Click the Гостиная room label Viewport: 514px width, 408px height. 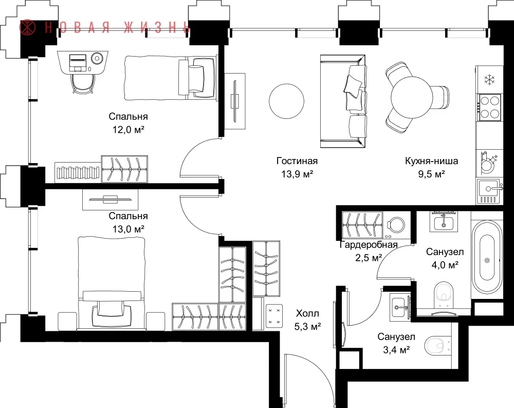point(297,161)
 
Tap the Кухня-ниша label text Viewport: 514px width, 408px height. point(431,161)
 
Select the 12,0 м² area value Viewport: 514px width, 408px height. point(128,130)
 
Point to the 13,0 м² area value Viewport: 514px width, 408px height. point(128,229)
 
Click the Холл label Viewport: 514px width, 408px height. point(307,313)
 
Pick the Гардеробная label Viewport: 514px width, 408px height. point(369,245)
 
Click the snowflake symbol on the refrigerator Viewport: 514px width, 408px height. point(489,79)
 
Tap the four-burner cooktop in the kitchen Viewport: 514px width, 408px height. point(490,108)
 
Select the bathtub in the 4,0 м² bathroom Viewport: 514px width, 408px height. point(487,257)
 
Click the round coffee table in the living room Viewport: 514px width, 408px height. point(286,101)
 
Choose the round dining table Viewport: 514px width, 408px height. point(413,97)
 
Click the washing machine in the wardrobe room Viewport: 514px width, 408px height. point(396,225)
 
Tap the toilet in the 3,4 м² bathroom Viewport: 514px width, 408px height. point(437,346)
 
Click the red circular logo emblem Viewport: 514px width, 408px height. point(27,27)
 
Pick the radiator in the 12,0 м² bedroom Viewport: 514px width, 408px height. point(78,172)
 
